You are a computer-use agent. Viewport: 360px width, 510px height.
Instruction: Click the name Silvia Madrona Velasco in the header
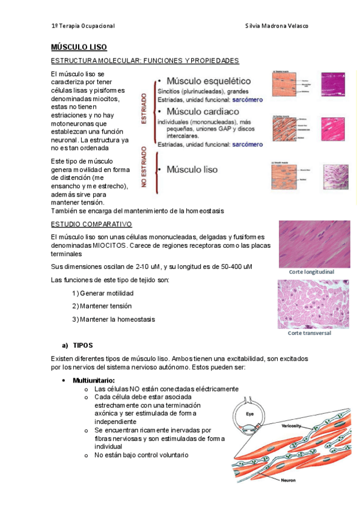click(x=277, y=26)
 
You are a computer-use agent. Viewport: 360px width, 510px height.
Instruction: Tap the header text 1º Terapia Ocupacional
click(x=83, y=26)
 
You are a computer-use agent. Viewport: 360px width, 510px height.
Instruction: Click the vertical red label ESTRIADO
click(x=144, y=108)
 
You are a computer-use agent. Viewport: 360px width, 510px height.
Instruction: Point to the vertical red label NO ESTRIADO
click(x=144, y=168)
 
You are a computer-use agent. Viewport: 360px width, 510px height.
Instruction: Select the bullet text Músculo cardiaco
click(x=203, y=112)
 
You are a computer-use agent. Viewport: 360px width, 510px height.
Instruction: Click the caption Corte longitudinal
click(x=311, y=272)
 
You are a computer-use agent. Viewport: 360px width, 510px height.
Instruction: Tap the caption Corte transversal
click(x=310, y=333)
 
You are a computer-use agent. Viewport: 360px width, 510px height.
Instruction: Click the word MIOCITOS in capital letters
click(x=106, y=247)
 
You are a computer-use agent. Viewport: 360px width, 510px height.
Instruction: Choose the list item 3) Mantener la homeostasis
click(x=113, y=319)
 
